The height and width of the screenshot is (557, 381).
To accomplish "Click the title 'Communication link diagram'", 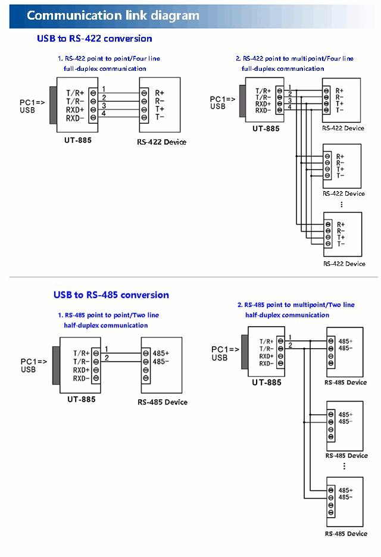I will click(113, 15).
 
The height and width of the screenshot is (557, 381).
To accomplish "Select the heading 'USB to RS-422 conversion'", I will click(94, 39).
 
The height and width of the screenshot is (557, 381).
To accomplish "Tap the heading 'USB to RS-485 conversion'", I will click(111, 295).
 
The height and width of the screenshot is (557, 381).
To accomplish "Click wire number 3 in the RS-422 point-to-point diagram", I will click(104, 106).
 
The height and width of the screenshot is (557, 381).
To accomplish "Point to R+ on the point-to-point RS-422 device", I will click(160, 93).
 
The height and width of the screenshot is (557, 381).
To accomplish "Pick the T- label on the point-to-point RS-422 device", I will click(160, 117).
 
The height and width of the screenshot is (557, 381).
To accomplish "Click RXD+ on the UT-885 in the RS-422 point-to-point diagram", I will click(76, 110).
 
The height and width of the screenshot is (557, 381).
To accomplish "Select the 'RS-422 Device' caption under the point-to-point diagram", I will click(161, 142).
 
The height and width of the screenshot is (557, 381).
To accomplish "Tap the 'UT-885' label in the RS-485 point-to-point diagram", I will click(81, 399).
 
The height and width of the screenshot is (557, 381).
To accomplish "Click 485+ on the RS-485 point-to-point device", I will click(161, 353).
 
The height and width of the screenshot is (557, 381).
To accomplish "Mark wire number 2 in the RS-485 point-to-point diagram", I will click(107, 358).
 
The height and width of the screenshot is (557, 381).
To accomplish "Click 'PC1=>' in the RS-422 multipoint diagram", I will click(223, 99).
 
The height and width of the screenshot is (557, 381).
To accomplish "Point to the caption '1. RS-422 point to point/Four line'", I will click(108, 58).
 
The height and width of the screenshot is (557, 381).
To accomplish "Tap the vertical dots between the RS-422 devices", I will click(342, 204).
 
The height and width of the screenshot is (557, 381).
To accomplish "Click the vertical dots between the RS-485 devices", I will click(344, 466).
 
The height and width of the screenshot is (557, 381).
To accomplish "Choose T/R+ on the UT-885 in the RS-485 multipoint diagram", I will click(266, 342).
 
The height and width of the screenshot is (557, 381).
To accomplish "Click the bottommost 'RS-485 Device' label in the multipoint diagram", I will click(346, 534).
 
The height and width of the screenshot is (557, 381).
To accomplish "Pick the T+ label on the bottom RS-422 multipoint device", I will click(341, 237).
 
